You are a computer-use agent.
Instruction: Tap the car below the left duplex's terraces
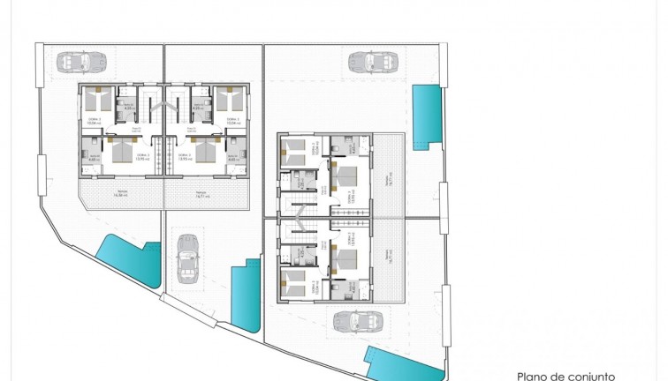point(188,258)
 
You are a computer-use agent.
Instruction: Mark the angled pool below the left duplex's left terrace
point(130,262)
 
